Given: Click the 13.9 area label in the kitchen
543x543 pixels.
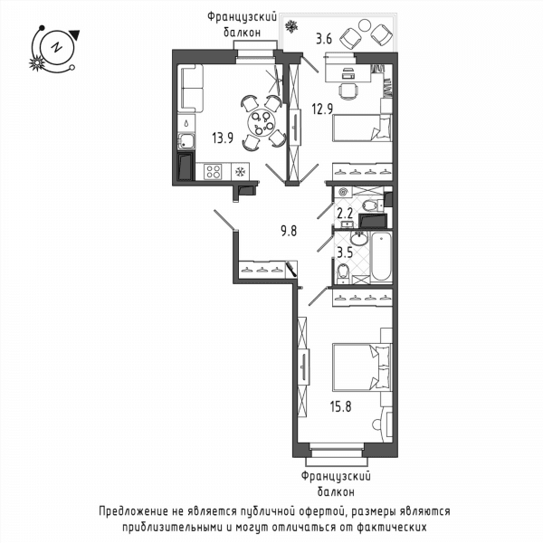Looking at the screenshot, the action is click(x=223, y=138).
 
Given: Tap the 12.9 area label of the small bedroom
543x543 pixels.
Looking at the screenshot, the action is click(x=322, y=110).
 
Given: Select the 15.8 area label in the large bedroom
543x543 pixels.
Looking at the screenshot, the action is click(x=341, y=406).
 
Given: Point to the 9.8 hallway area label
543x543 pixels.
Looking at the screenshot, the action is click(x=289, y=231).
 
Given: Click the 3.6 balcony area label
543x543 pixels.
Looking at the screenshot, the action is click(x=324, y=39).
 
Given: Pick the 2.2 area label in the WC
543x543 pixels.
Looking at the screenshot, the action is click(x=345, y=214).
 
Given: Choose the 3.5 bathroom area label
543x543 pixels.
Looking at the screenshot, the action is click(x=345, y=252).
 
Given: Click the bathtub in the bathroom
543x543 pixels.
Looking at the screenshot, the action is click(x=381, y=257).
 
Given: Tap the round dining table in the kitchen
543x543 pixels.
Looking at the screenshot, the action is click(x=262, y=124).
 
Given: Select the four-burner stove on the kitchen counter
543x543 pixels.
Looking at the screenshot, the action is click(x=213, y=171).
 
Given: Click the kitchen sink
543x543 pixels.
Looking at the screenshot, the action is click(x=186, y=141).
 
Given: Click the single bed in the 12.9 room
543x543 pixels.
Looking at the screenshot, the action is click(x=362, y=129).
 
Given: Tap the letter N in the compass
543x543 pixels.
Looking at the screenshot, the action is click(x=56, y=47).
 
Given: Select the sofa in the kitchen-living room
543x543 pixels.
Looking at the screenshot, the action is click(x=190, y=88).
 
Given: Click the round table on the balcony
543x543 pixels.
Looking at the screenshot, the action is click(x=364, y=25).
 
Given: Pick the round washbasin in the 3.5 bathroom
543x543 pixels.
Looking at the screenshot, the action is click(x=359, y=239).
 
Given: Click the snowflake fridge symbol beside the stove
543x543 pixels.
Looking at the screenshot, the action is click(x=240, y=172).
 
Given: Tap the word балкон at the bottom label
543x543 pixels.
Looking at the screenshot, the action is click(x=336, y=491).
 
